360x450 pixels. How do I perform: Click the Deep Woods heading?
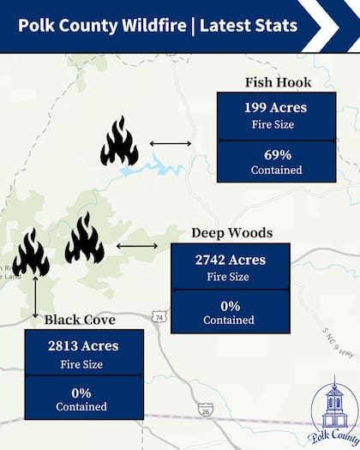click(x=231, y=233)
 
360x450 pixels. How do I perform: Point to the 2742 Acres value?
click(x=231, y=260)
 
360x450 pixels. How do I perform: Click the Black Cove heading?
click(x=80, y=320)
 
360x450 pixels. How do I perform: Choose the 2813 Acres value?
click(x=83, y=346)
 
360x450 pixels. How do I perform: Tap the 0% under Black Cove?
click(x=82, y=393)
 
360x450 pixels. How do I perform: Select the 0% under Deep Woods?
click(x=229, y=305)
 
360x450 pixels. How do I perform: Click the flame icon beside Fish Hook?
click(x=119, y=141)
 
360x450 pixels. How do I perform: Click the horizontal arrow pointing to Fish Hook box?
click(x=171, y=143)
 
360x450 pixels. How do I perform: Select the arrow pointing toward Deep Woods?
click(x=137, y=246)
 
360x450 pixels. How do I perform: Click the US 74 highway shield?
click(x=159, y=318)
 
